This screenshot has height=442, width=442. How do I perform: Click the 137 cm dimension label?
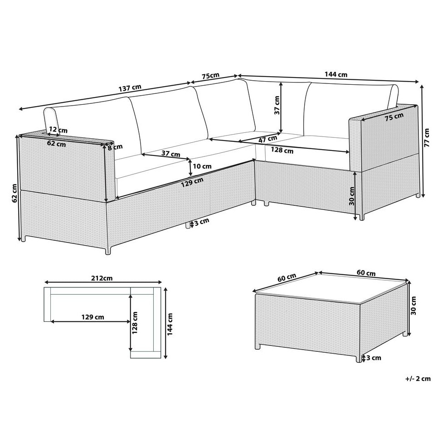[130, 88]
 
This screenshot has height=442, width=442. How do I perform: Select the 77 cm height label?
[427, 137]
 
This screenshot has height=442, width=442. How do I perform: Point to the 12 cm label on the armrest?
[58, 130]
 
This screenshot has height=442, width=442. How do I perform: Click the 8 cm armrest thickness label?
[116, 146]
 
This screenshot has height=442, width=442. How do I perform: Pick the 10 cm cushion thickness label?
[202, 166]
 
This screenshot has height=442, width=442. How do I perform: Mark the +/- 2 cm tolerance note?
[418, 379]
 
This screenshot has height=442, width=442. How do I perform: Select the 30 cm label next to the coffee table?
[413, 306]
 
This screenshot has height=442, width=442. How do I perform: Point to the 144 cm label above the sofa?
[336, 75]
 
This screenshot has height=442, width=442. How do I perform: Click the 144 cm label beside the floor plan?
[170, 324]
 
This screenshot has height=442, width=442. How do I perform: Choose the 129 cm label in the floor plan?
[93, 317]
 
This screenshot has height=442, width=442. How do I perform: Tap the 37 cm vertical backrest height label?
[277, 105]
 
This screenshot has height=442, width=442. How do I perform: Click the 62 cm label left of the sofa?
[15, 194]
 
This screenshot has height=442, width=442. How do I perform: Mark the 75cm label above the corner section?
[210, 76]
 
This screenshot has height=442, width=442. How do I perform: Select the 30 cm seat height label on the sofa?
[351, 196]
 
